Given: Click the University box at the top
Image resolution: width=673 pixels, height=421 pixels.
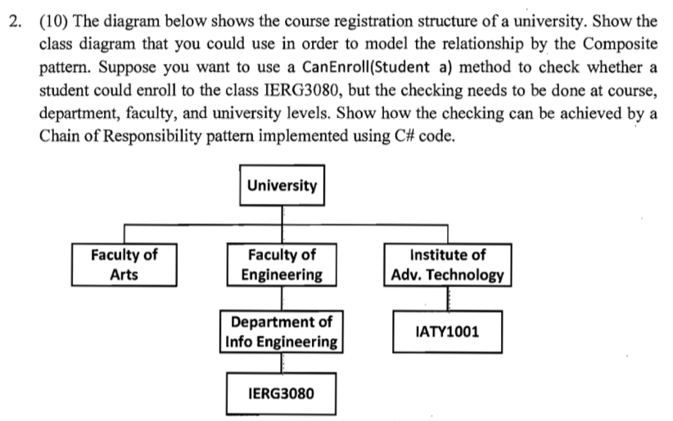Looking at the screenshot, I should pyautogui.click(x=282, y=185).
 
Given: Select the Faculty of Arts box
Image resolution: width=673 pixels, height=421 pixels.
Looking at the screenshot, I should pyautogui.click(x=124, y=265).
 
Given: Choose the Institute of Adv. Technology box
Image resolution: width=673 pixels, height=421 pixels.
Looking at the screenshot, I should pyautogui.click(x=447, y=265).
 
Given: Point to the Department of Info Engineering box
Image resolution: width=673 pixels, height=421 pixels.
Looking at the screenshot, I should pyautogui.click(x=282, y=331).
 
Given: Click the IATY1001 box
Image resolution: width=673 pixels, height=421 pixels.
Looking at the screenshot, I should pyautogui.click(x=447, y=332).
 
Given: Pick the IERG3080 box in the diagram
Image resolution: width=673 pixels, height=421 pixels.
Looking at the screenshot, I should pyautogui.click(x=280, y=395).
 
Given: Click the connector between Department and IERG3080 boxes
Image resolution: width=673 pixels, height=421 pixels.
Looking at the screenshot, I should pyautogui.click(x=282, y=361).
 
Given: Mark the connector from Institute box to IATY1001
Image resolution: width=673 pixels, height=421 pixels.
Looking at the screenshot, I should pyautogui.click(x=447, y=298).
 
